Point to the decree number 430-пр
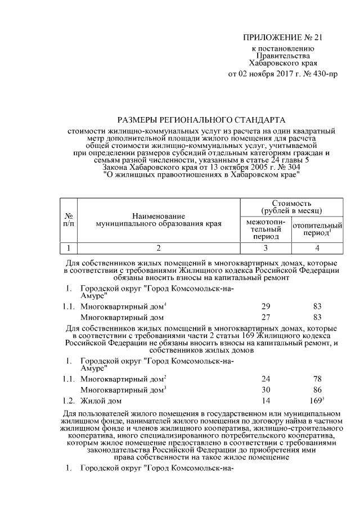tap(323, 73)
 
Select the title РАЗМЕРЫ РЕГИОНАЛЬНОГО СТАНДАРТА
tap(201, 120)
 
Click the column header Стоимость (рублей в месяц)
tap(291, 206)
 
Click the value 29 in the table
tap(265, 306)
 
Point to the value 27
tap(265, 317)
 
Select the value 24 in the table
tap(265, 379)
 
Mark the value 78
tap(318, 379)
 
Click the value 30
tap(265, 390)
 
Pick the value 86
tap(318, 390)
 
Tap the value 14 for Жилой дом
tap(265, 401)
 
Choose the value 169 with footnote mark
tap(318, 401)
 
